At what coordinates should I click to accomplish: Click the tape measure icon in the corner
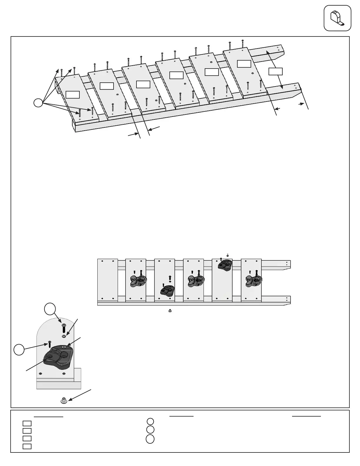(x=337, y=18)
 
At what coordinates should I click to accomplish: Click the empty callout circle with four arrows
(x=38, y=103)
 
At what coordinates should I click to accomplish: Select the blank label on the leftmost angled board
(x=72, y=94)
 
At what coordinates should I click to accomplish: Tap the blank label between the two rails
(x=276, y=71)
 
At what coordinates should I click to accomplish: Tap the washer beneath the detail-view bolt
(x=64, y=336)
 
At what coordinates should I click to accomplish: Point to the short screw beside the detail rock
(x=49, y=344)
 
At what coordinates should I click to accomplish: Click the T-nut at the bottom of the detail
(x=63, y=400)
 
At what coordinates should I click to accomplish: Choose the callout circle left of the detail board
(x=19, y=350)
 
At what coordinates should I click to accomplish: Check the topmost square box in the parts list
(x=27, y=423)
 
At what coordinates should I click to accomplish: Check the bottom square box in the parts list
(x=27, y=446)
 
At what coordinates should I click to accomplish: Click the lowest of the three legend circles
(x=150, y=439)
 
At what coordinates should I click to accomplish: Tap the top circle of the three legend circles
(x=150, y=422)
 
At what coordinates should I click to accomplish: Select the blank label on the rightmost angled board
(x=244, y=64)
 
